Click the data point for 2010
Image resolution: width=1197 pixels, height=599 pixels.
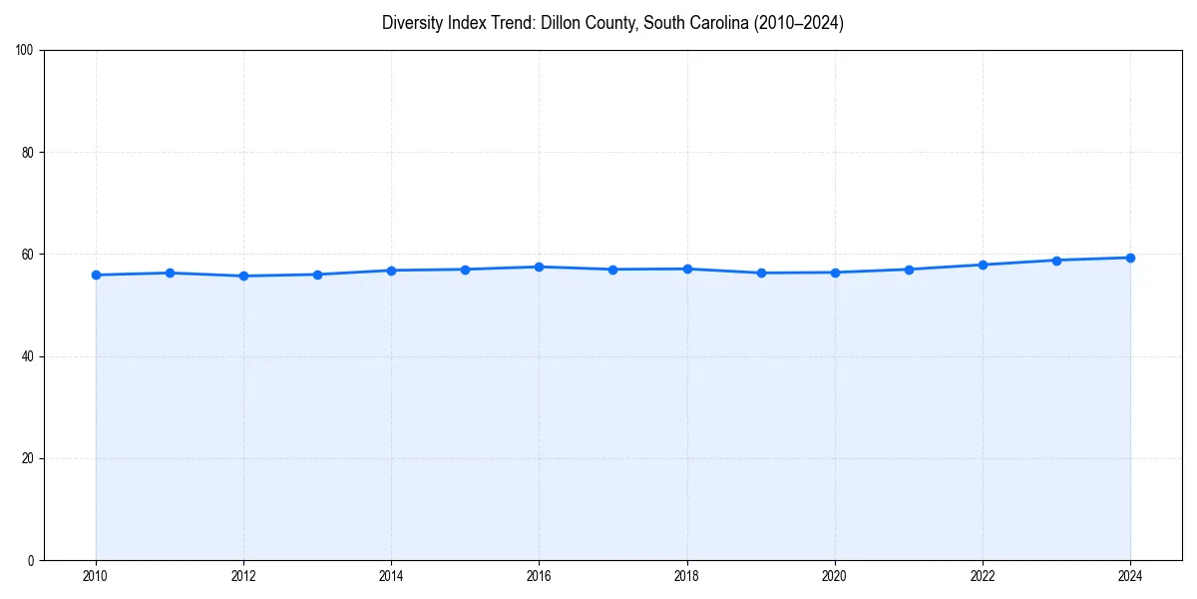tap(96, 275)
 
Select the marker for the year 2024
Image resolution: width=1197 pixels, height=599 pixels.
tap(1130, 258)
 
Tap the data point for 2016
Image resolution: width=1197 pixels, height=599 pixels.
tap(539, 267)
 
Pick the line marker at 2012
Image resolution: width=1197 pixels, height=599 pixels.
tap(243, 276)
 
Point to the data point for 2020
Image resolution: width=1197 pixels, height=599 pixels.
tap(835, 273)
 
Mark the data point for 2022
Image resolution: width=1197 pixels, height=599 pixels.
tap(983, 265)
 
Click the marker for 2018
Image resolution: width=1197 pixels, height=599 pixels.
tap(687, 269)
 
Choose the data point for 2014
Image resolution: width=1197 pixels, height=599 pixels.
tap(391, 271)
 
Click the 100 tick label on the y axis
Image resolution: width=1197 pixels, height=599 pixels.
tap(25, 50)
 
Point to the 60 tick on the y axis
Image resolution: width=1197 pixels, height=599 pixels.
tap(28, 255)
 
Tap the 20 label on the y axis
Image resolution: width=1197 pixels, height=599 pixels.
tap(28, 458)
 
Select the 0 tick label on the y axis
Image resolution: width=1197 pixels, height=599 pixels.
tap(31, 560)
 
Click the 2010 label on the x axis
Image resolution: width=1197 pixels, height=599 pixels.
tap(96, 576)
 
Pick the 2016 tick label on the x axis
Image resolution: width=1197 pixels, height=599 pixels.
tap(539, 576)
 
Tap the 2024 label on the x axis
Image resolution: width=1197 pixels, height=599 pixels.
tap(1130, 576)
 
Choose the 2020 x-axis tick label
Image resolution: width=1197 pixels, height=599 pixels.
tap(835, 576)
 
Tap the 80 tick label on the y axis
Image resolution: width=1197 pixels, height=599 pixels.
tap(28, 153)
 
